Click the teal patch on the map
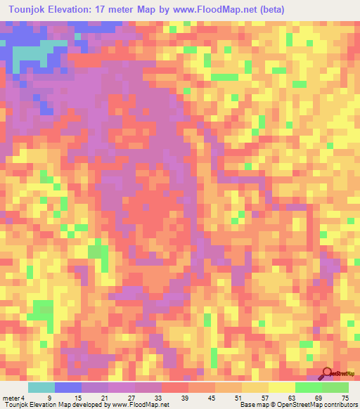(34, 53)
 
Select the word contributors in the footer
(337, 405)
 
